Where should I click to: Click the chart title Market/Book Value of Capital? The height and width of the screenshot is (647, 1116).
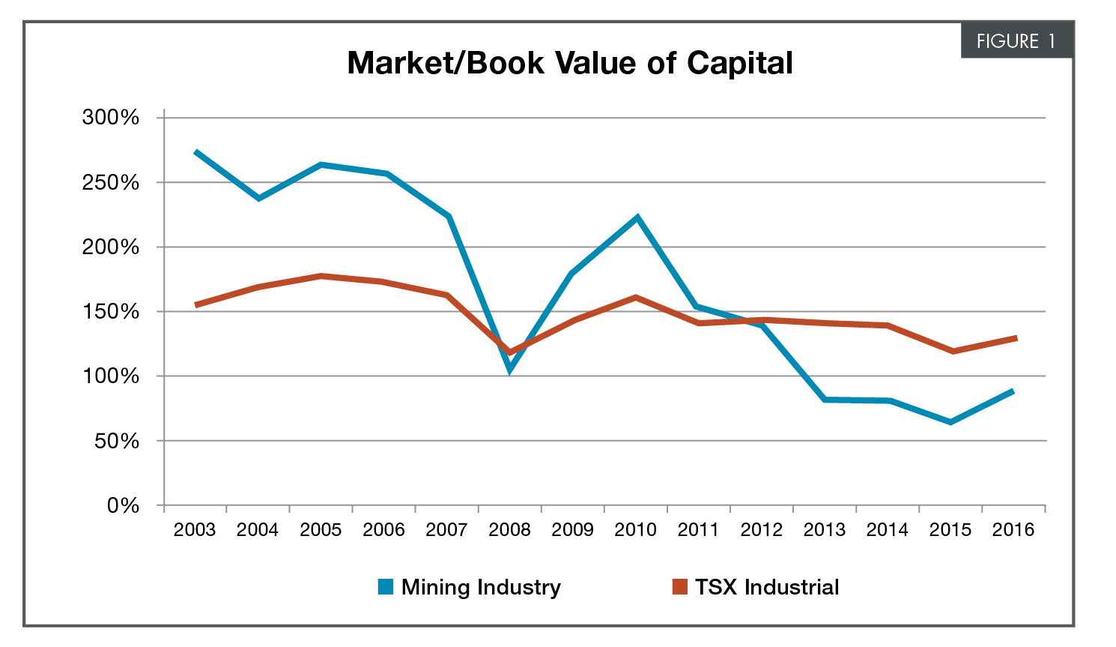point(570,63)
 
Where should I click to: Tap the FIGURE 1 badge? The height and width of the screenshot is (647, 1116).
point(1016,41)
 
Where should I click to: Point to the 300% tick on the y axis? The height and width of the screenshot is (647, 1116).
point(111,118)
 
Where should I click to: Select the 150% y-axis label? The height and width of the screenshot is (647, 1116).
point(111,312)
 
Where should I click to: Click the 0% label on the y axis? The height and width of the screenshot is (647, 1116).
point(123,506)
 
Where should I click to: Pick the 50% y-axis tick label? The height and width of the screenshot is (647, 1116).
point(117,442)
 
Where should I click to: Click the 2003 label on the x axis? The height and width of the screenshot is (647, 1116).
point(195,530)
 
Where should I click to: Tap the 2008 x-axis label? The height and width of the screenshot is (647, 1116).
point(509,530)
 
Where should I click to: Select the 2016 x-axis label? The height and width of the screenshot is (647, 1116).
point(1013,530)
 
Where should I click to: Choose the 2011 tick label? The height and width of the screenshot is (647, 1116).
point(698,530)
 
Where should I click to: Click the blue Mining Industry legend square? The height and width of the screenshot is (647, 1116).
point(386,587)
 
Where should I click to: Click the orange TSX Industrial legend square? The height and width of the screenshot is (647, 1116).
point(679,587)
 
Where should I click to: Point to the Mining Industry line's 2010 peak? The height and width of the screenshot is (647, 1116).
point(637,218)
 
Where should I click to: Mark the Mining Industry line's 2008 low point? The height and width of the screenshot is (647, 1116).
point(509,369)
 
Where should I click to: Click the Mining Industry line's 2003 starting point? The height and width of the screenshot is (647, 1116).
point(196,152)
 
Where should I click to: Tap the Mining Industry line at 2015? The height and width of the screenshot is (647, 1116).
point(950,422)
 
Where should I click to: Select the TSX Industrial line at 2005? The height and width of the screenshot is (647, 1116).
point(321,276)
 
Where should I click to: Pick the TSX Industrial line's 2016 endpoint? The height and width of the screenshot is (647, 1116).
point(1015,338)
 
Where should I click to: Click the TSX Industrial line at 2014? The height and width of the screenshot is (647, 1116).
point(888,325)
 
